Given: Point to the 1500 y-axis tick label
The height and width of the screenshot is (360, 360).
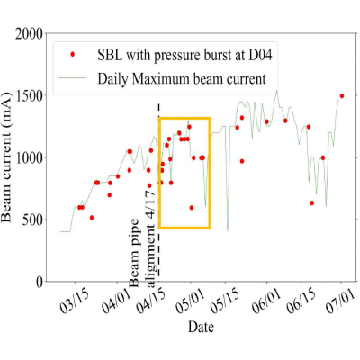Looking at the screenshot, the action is point(30,96).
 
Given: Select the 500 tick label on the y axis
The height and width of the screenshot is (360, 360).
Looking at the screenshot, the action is point(32,220).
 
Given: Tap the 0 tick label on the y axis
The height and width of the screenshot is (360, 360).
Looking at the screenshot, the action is point(40,282).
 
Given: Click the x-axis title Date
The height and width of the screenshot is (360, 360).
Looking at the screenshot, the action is point(201,327).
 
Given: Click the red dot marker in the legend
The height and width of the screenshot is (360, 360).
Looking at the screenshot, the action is point(72,55).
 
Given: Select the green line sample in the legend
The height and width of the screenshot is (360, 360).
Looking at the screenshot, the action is point(73,78).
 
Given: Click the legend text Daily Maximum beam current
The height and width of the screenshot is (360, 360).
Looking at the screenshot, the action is point(182,79).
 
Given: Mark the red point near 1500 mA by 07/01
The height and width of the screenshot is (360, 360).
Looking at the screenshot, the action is point(342,96).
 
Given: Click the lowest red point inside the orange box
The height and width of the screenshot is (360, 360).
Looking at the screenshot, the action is point(192,208).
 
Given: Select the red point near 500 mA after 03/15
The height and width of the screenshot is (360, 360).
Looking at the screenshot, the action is point(92,218).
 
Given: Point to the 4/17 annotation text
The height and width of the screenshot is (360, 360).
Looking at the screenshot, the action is point(151,204).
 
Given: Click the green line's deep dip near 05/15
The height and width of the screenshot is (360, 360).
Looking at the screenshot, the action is point(228,231).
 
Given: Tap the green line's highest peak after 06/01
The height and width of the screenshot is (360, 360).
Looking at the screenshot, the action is point(277,90).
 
